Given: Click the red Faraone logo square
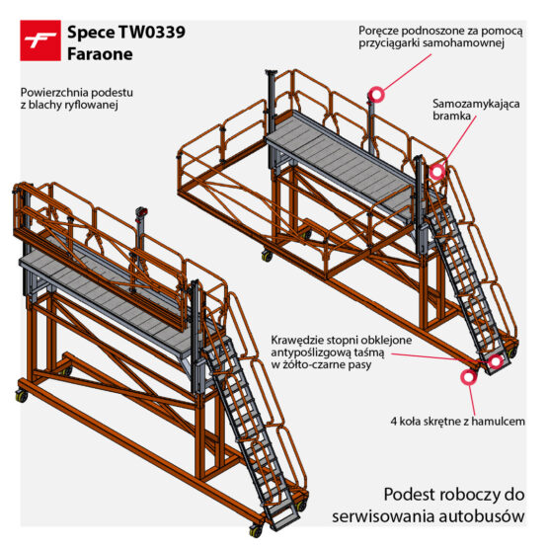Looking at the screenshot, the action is click(40, 40).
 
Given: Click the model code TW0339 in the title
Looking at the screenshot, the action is click(152, 33).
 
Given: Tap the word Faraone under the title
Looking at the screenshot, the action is click(100, 54).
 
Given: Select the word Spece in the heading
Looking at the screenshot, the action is click(91, 33).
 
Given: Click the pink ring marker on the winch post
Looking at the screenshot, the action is click(376, 95).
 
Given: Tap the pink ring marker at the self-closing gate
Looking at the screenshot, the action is click(436, 172).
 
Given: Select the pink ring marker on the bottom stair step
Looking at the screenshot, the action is click(496, 361).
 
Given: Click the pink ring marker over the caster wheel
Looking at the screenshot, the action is click(469, 377).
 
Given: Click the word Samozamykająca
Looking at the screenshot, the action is click(476, 104).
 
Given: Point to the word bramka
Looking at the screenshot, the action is click(451, 116).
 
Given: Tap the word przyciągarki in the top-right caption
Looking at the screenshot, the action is click(389, 43).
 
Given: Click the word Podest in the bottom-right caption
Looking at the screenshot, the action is click(407, 495).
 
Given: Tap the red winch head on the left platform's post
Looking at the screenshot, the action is click(142, 211).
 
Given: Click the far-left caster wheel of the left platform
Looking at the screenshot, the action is click(22, 396).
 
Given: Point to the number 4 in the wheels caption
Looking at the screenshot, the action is click(394, 422).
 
